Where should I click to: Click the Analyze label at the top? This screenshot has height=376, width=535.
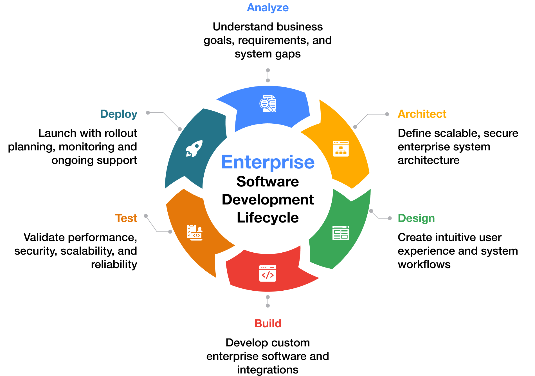pos(267,8)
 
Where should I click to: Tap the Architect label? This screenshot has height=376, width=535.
pos(422,114)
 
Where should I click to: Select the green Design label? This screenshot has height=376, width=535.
pos(416,218)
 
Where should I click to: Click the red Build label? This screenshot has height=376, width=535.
pos(267,323)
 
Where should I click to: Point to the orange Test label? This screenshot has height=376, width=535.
pos(126,218)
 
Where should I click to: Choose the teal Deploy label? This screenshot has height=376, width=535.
pos(119,114)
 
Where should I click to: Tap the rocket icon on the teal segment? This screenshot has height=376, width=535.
pos(194,148)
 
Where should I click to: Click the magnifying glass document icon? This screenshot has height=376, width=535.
pos(268,104)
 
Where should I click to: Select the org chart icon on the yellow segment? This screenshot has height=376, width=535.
pos(341,148)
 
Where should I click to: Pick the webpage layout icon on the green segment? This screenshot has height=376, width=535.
pos(341,233)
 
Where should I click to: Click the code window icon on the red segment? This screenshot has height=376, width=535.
pos(268,273)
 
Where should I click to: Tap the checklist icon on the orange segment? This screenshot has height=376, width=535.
pos(194,232)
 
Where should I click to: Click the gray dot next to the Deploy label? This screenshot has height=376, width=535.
pos(148,113)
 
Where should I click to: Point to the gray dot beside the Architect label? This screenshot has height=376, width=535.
pos(387,114)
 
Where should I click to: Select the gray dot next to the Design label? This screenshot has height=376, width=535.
pos(390,218)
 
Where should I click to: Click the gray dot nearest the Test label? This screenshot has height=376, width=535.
pos(146,216)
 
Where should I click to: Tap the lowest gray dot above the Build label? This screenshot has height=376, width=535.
pos(268,306)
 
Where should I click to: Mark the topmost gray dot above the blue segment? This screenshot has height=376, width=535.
pos(268,70)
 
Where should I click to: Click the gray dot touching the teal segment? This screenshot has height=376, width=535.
pos(180,129)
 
